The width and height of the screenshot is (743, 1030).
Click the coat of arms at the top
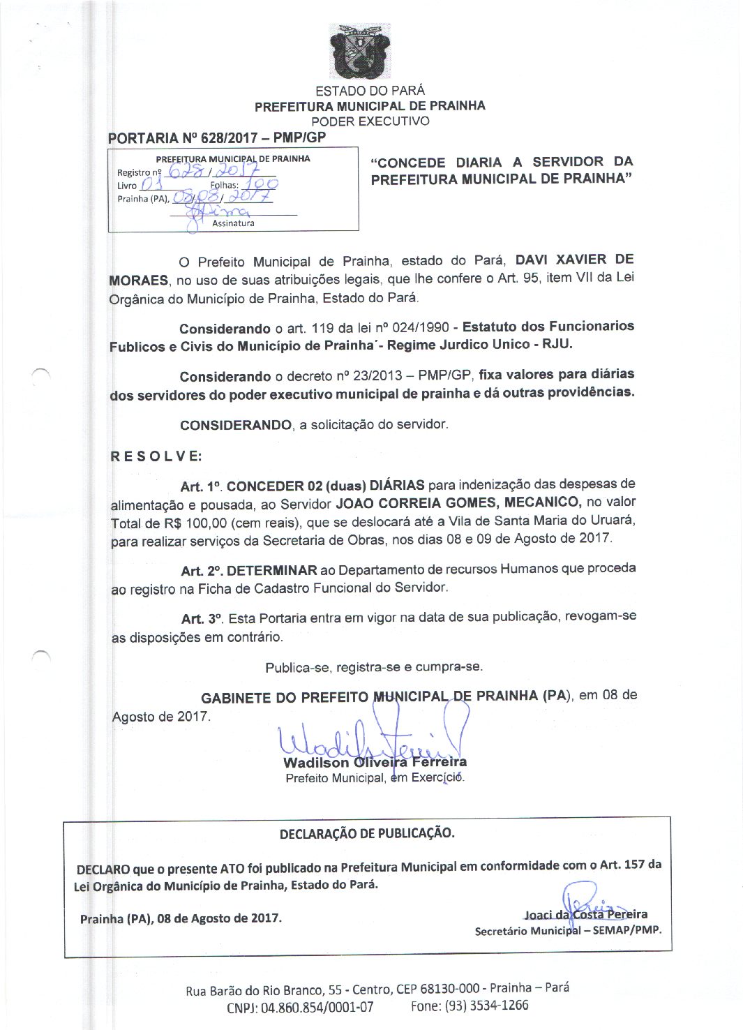click(x=360, y=52)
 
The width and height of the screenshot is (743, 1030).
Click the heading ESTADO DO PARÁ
click(x=370, y=91)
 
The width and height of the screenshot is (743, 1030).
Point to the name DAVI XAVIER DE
click(x=574, y=260)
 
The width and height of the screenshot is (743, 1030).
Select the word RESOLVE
click(x=156, y=456)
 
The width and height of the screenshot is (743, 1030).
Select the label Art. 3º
click(x=202, y=619)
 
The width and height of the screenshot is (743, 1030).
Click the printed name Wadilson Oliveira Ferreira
click(x=375, y=762)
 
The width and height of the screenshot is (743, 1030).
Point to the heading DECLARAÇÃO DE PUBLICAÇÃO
click(x=367, y=833)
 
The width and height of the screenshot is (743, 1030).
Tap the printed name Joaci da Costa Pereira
click(x=586, y=914)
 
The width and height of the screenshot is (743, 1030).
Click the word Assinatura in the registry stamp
click(x=233, y=223)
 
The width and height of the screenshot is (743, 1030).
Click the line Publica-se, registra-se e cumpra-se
click(x=374, y=667)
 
